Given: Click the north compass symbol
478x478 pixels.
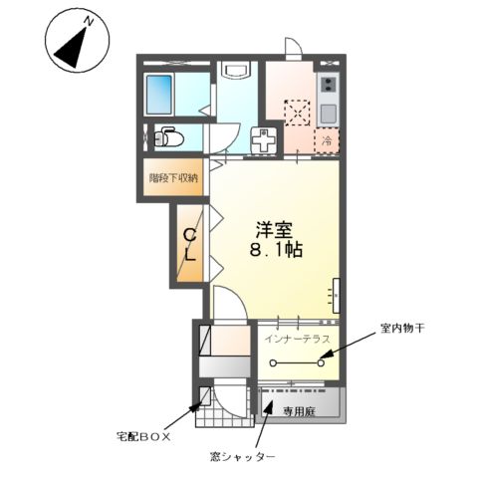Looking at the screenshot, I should click(x=74, y=43).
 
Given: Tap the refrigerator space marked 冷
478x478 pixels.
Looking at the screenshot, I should click(x=328, y=141).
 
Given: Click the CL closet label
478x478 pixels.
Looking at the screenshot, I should click(x=189, y=246).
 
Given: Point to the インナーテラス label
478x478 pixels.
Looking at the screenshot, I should click(x=296, y=340).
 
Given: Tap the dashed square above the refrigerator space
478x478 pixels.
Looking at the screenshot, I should click(x=296, y=113).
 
